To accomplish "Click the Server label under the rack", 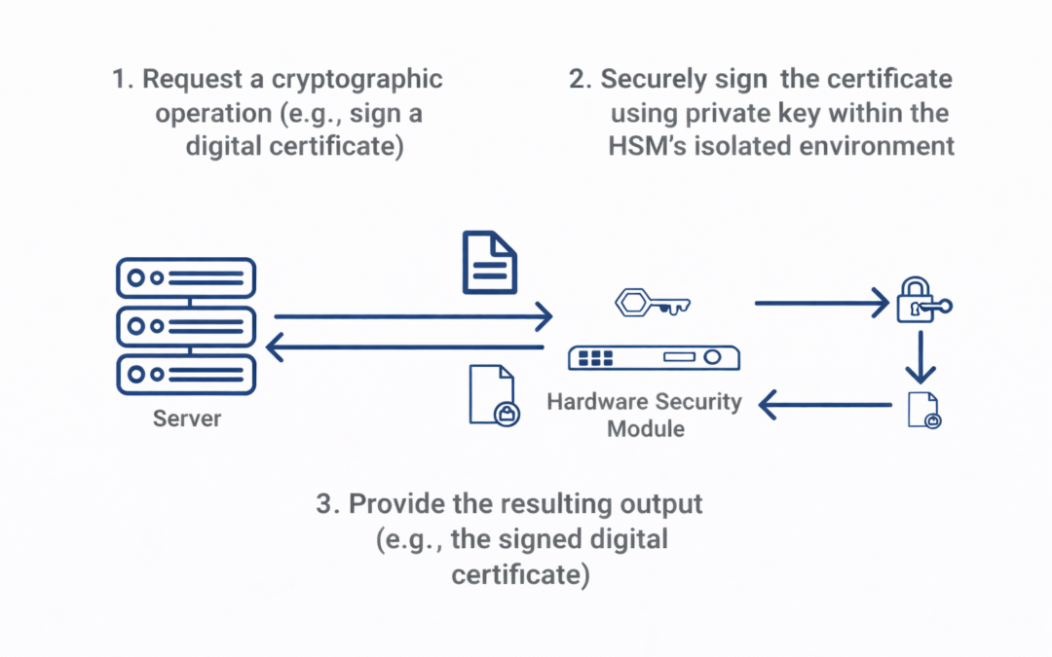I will [187, 420].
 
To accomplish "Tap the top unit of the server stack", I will [185, 277].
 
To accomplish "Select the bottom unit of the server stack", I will [185, 374].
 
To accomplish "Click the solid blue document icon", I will [489, 262].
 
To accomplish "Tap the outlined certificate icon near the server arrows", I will [493, 395].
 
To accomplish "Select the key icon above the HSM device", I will [652, 303].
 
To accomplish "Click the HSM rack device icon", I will [654, 357].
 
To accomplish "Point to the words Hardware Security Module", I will [644, 414].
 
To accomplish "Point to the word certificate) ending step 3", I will [520, 573].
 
